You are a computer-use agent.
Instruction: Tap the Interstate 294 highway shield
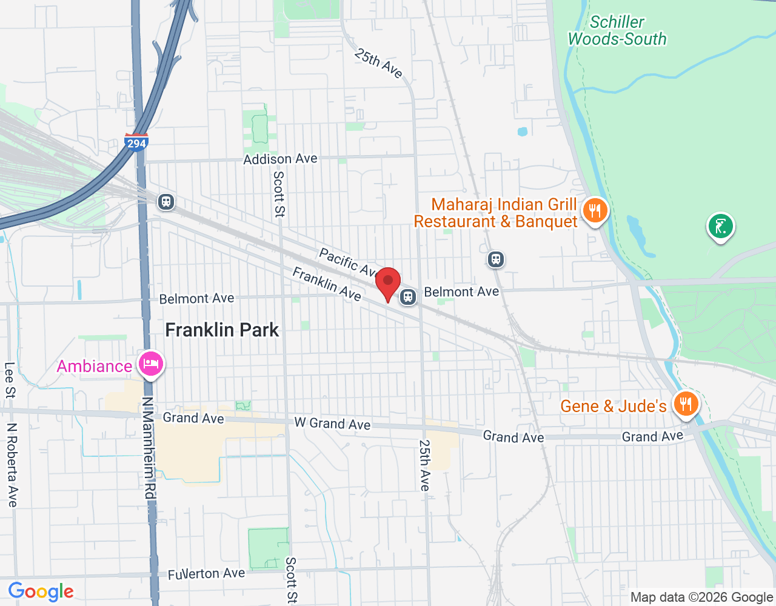click(x=136, y=142)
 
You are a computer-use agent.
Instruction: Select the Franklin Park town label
click(x=222, y=330)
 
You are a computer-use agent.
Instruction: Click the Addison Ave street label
click(x=280, y=159)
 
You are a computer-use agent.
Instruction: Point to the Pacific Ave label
click(x=349, y=262)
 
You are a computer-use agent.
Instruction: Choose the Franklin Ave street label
click(x=327, y=284)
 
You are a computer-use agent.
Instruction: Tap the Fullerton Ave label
click(x=207, y=574)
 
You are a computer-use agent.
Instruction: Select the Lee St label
click(x=10, y=380)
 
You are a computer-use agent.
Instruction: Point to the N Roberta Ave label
click(x=12, y=464)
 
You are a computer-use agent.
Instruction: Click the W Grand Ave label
click(x=332, y=424)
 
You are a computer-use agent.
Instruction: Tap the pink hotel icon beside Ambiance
click(x=150, y=364)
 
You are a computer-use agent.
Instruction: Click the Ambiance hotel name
click(x=95, y=366)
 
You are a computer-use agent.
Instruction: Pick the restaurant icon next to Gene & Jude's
click(x=686, y=404)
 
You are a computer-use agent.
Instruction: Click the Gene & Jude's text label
click(x=613, y=406)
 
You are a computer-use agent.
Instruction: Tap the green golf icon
click(x=720, y=227)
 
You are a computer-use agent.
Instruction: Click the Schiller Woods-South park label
click(x=617, y=31)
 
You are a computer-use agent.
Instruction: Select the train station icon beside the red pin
click(x=408, y=297)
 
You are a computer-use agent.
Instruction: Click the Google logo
click(x=41, y=591)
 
